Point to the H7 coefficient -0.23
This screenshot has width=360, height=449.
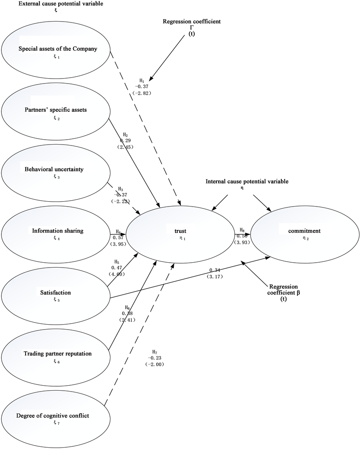click(x=154, y=358)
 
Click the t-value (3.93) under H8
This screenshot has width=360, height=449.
click(x=242, y=242)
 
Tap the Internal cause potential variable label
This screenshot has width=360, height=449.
click(x=246, y=181)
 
